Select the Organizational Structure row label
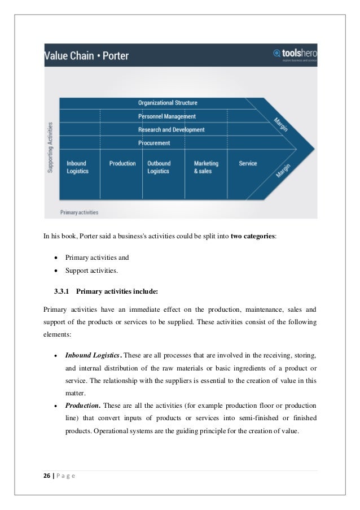[168, 103]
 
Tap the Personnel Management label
[167, 116]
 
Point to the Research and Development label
[171, 130]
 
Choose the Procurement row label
[154, 143]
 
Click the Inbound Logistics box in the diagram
[78, 167]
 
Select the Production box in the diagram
[122, 164]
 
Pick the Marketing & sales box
[206, 167]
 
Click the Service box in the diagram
[248, 164]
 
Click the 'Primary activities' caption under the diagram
[79, 213]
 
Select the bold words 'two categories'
[253, 235]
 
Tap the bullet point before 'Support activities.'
[55, 271]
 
